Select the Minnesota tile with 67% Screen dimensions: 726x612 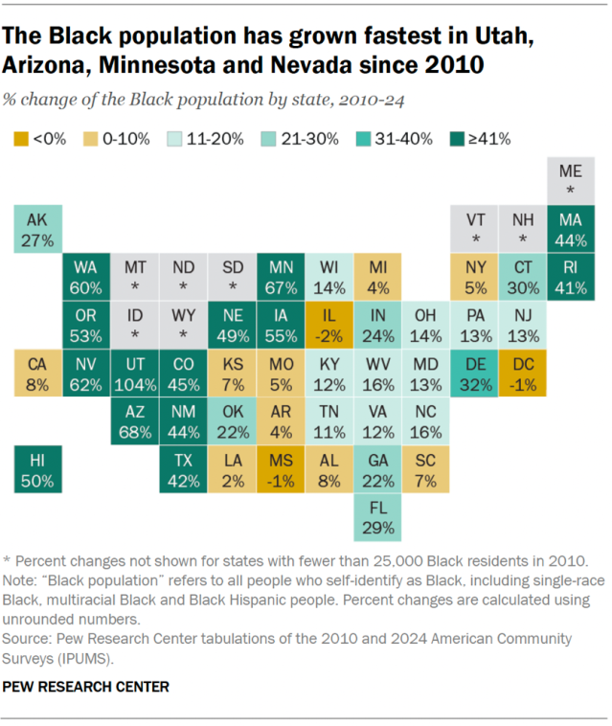point(281,276)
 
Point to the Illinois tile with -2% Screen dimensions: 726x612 point(329,325)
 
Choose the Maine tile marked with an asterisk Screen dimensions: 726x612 point(571,179)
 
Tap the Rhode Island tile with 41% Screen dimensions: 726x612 point(571,276)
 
